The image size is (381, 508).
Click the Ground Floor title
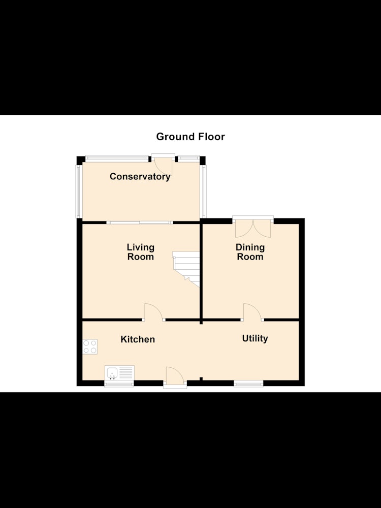(190, 137)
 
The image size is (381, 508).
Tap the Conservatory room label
(140, 177)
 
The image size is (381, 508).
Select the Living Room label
(140, 252)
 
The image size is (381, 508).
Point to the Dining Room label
(250, 252)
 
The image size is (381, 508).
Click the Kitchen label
(138, 339)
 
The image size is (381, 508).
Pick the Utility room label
(255, 338)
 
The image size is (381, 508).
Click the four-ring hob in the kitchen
(90, 346)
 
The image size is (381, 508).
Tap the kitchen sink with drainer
(119, 373)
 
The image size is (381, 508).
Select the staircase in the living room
(186, 269)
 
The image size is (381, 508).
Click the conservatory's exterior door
(163, 164)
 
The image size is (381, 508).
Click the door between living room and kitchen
(154, 312)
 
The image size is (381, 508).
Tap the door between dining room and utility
(252, 312)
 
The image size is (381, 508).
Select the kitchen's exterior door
(175, 377)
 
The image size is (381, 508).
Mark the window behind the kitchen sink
(119, 384)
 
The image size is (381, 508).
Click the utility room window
(248, 384)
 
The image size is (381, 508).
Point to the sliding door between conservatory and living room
(140, 223)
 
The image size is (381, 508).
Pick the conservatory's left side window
(78, 192)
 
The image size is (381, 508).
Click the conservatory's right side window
(204, 192)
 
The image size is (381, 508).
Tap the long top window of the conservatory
(116, 158)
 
